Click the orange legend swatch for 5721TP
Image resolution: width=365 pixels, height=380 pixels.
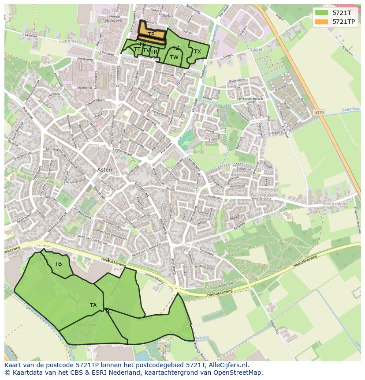point(322,21)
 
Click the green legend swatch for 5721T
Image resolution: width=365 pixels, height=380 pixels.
point(322,12)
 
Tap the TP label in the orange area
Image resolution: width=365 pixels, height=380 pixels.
point(151,34)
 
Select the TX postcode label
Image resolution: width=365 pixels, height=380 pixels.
point(197,52)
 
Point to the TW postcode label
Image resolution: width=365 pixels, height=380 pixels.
point(174,57)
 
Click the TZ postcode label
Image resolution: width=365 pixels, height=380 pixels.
point(176,48)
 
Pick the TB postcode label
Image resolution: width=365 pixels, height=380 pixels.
point(58,264)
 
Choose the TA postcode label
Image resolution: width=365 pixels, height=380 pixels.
point(93,305)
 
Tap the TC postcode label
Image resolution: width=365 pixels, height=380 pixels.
point(108,312)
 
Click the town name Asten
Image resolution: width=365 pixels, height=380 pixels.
point(105,169)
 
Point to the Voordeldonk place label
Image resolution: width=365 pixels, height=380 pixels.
point(335,204)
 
